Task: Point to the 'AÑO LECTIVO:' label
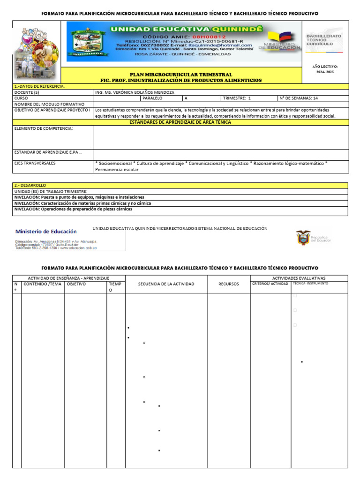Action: click(325, 67)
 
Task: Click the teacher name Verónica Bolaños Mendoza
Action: click(134, 92)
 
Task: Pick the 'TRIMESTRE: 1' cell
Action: click(237, 98)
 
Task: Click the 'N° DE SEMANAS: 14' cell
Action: click(299, 98)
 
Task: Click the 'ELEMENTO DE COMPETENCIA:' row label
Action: click(44, 128)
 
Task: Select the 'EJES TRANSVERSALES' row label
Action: click(35, 163)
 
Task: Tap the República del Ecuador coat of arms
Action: click(303, 238)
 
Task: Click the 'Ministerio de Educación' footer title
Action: click(46, 232)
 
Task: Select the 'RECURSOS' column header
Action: click(229, 284)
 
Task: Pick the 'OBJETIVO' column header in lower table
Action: click(76, 284)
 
